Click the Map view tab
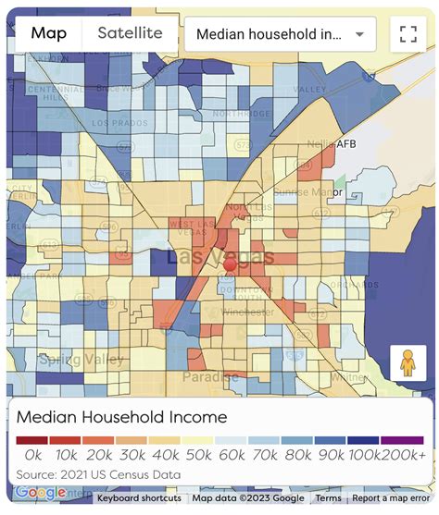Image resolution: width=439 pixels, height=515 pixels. (x=49, y=34)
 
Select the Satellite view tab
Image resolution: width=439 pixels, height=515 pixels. (x=130, y=34)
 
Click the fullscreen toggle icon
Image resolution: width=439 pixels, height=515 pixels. (x=408, y=35)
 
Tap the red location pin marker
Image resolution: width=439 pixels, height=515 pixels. (x=230, y=265)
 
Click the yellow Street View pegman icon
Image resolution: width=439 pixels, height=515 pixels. (x=408, y=364)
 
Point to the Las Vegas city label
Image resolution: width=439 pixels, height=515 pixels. (x=220, y=256)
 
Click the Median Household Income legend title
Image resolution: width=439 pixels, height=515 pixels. (x=121, y=417)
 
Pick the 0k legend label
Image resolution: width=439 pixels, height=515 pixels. (x=34, y=455)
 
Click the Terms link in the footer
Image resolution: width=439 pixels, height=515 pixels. (x=328, y=498)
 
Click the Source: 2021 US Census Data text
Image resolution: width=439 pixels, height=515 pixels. (x=98, y=474)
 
